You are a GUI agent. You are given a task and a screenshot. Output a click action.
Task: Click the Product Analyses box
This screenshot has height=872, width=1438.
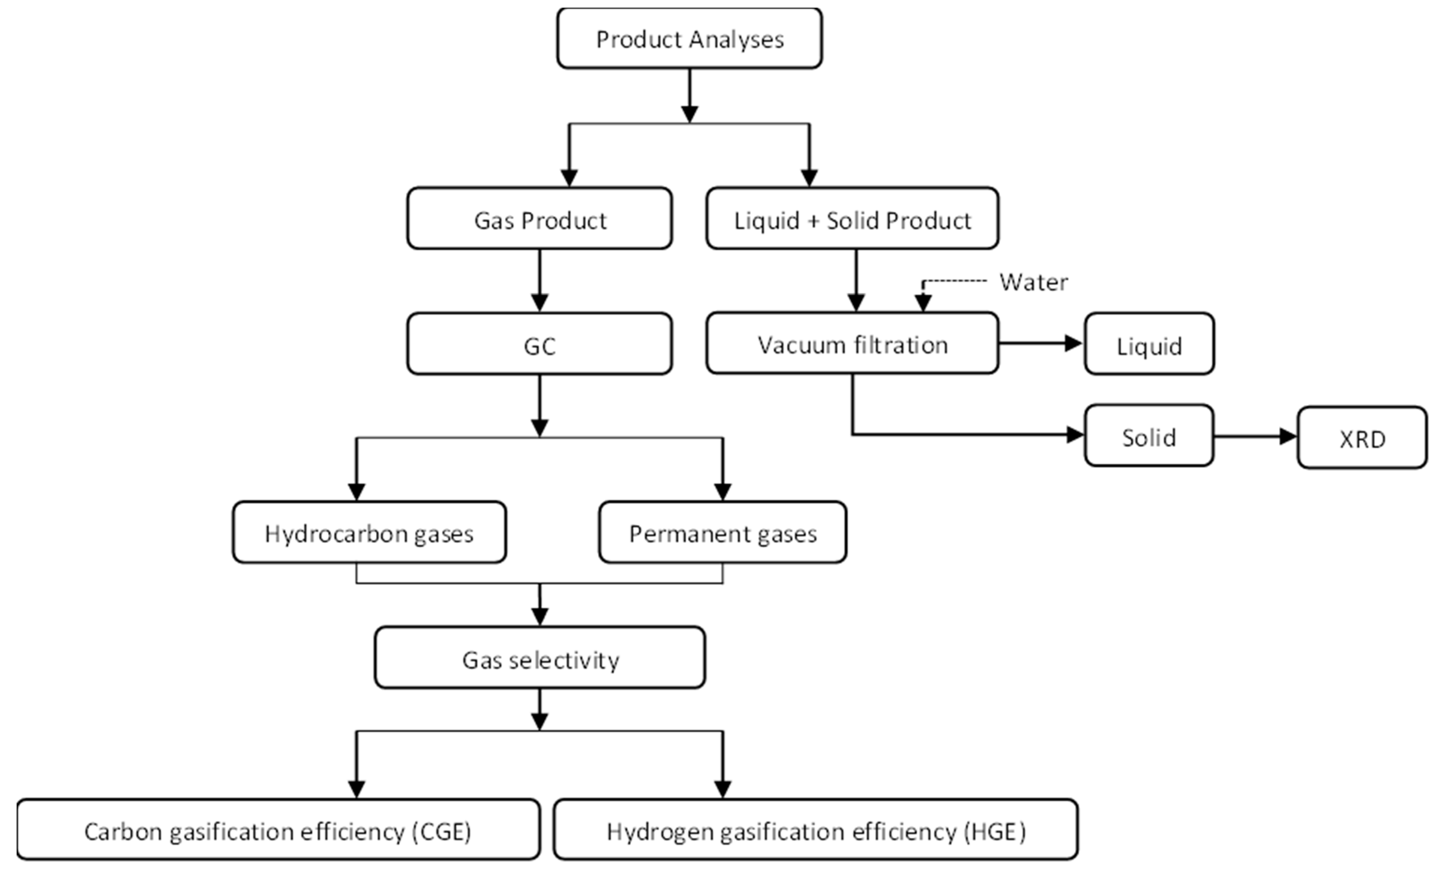tap(689, 39)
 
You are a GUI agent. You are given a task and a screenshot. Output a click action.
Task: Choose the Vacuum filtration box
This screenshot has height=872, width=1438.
tap(852, 344)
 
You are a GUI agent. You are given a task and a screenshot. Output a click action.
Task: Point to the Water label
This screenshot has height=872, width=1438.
tap(1033, 282)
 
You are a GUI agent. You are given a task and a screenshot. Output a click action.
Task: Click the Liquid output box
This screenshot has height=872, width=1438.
tap(1148, 345)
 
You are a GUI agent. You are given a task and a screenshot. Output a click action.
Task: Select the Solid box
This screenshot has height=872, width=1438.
tap(1148, 436)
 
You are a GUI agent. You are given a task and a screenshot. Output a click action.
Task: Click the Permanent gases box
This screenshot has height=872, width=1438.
tap(723, 532)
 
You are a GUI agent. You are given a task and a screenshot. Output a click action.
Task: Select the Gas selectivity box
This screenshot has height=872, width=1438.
tap(540, 658)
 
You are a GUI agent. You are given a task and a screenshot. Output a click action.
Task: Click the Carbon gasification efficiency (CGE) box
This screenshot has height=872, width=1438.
tap(278, 830)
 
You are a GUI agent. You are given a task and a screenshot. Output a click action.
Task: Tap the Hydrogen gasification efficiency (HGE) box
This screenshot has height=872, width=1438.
tap(815, 830)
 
